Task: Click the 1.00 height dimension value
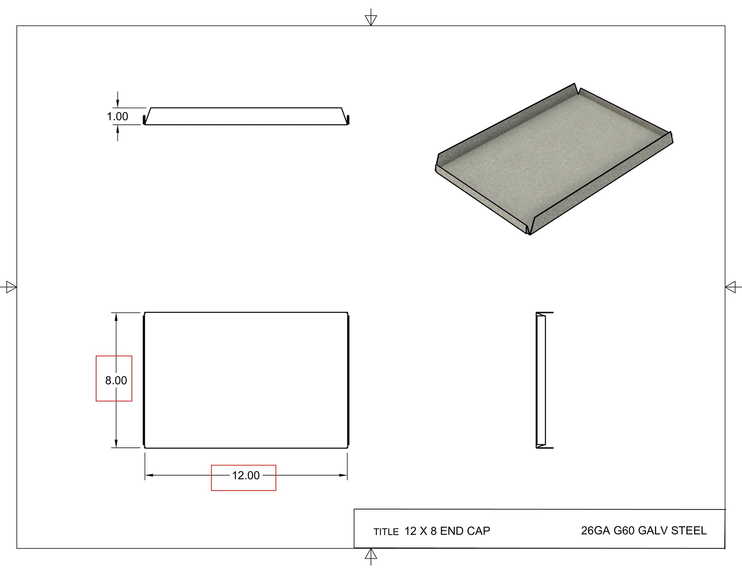(117, 116)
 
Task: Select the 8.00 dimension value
(116, 381)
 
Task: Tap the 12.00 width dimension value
(246, 476)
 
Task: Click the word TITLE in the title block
(386, 532)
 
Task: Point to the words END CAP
(465, 531)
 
